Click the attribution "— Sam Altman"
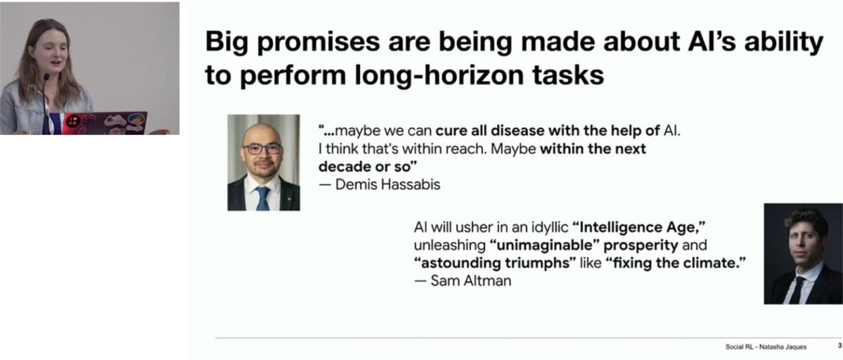[x=463, y=281]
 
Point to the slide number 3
[x=839, y=346]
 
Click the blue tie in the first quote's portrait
[x=263, y=198]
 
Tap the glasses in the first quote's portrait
[x=262, y=148]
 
